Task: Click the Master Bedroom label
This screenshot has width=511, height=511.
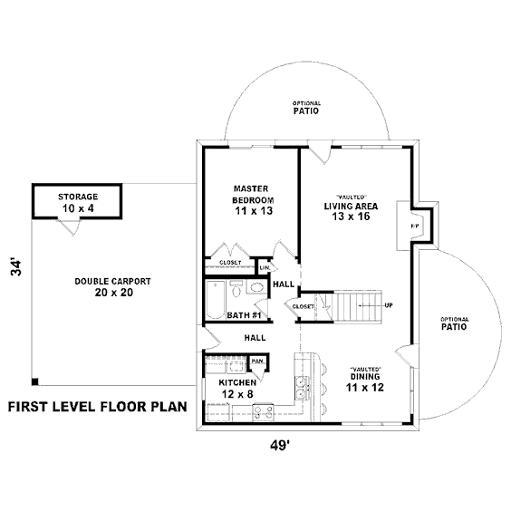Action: pyautogui.click(x=253, y=194)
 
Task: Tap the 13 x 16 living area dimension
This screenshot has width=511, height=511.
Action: pyautogui.click(x=351, y=217)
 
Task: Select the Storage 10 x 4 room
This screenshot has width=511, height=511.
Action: pyautogui.click(x=77, y=201)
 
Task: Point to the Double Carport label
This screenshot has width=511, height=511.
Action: pyautogui.click(x=112, y=281)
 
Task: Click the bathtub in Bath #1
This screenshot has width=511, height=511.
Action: pyautogui.click(x=216, y=300)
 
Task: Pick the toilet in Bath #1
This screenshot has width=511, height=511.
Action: pyautogui.click(x=236, y=289)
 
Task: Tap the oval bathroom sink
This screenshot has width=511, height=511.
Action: pyautogui.click(x=256, y=287)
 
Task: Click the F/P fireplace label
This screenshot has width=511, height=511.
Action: pyautogui.click(x=415, y=226)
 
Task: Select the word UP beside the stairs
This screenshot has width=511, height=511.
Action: pyautogui.click(x=389, y=305)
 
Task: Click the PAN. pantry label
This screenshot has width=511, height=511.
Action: pyautogui.click(x=258, y=362)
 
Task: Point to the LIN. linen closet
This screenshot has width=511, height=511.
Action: pyautogui.click(x=265, y=267)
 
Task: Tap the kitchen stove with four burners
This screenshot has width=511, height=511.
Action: pyautogui.click(x=264, y=412)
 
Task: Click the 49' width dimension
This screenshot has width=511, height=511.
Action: pyautogui.click(x=280, y=445)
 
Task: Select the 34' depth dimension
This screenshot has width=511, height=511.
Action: pyautogui.click(x=16, y=267)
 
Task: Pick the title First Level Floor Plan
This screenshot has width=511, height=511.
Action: pyautogui.click(x=98, y=407)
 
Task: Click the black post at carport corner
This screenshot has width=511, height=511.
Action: pyautogui.click(x=35, y=381)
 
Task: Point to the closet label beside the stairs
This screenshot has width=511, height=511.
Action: pyautogui.click(x=304, y=306)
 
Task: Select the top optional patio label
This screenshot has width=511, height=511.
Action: pyautogui.click(x=306, y=108)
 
